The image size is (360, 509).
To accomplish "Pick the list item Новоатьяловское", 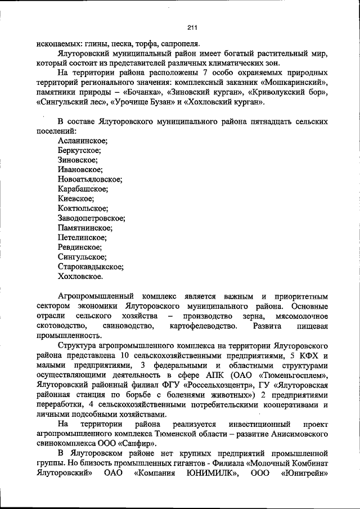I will pyautogui.click(x=89, y=179).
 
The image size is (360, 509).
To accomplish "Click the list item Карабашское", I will pyautogui.click(x=83, y=189).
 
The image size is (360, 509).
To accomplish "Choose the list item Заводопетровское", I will pyautogui.click(x=91, y=218).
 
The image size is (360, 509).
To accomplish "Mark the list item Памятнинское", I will pyautogui.click(x=85, y=228).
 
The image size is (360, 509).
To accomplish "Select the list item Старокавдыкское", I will pyautogui.click(x=91, y=267).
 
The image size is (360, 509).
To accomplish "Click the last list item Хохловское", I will pyautogui.click(x=80, y=277).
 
